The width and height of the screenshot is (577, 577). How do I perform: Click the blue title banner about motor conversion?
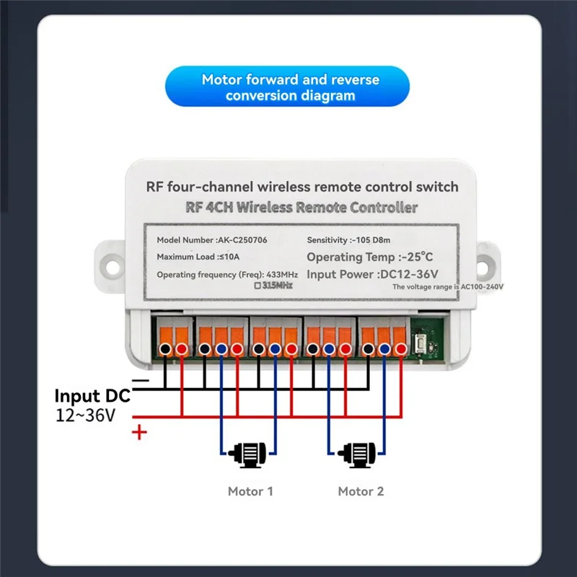(x=289, y=87)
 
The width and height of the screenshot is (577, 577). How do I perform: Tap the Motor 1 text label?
(x=250, y=492)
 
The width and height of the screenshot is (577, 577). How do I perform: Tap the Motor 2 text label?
(x=361, y=492)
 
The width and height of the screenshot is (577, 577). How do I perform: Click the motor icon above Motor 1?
(x=250, y=455)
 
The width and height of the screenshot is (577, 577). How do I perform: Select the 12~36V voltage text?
(x=86, y=416)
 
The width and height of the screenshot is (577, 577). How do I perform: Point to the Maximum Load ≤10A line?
(x=201, y=257)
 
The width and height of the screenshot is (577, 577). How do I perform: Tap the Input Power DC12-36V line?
(x=372, y=274)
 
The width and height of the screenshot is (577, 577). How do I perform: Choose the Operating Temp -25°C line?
(x=371, y=257)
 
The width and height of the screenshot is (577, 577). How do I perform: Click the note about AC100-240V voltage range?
(x=447, y=287)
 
